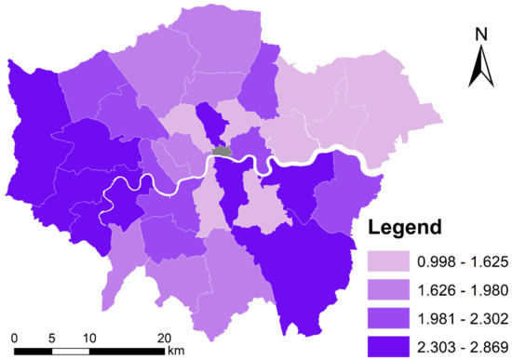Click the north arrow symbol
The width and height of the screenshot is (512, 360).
click(481, 68)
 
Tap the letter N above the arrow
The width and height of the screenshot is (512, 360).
click(481, 36)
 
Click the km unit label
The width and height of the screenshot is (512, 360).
click(176, 351)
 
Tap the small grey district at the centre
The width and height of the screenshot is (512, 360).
click(222, 150)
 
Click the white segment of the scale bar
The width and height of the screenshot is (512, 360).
click(71, 351)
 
